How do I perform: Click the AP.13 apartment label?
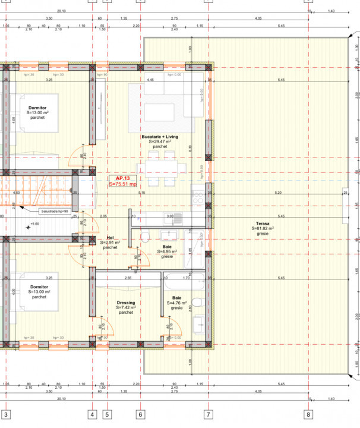[123, 178]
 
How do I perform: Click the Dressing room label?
[126, 303]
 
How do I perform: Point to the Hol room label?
[110, 237]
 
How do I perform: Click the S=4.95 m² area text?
[168, 251]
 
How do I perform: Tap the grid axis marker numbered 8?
[308, 414]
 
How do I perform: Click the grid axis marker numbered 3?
[6, 414]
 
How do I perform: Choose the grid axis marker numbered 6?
[140, 414]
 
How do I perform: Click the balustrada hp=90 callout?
[55, 211]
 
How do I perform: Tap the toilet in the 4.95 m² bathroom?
[145, 238]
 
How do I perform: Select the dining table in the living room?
[160, 168]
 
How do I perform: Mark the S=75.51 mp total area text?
[123, 184]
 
